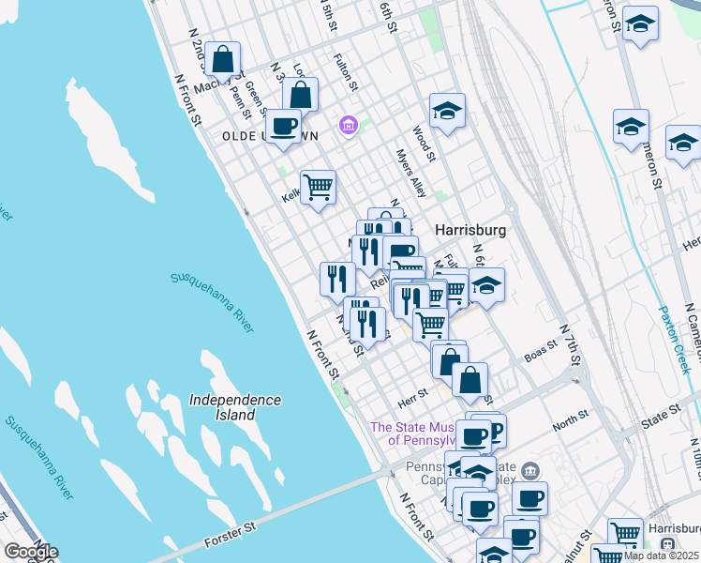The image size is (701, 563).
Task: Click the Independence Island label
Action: [235, 406]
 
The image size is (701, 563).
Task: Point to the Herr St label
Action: [413, 393]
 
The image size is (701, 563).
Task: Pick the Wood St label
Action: [425, 145]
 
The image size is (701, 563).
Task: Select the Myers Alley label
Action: [410, 173]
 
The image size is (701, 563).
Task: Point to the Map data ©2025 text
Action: [661, 555]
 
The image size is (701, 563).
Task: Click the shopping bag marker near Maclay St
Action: [223, 60]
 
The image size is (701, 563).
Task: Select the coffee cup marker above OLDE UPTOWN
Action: [283, 126]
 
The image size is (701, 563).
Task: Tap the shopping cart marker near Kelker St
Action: [318, 187]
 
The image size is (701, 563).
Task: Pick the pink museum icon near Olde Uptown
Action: [349, 125]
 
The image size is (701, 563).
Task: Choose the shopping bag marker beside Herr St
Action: [470, 380]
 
